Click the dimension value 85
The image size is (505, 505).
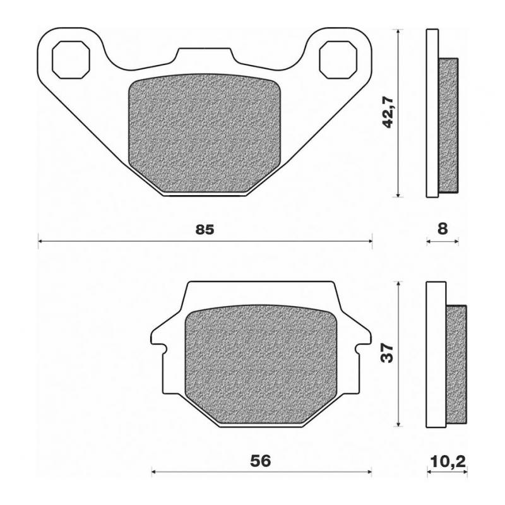205,230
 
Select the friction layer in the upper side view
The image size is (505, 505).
448,125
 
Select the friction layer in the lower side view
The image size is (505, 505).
458,364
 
